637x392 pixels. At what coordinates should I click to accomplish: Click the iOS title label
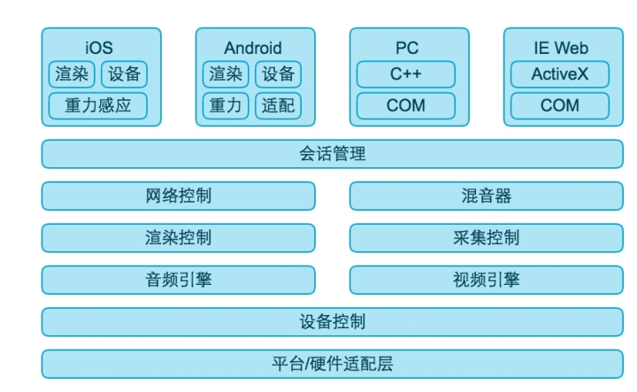(98, 49)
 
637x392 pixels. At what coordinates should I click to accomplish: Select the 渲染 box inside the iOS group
(72, 74)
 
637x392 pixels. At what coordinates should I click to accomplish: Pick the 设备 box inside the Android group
(278, 74)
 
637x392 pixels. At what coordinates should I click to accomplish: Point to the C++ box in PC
(406, 74)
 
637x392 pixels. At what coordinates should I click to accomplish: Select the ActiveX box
(560, 74)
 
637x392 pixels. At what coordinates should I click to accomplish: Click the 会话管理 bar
(332, 154)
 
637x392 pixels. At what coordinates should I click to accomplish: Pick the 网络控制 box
(178, 196)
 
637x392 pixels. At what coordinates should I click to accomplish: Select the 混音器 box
(486, 196)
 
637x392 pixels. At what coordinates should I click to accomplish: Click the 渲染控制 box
(178, 238)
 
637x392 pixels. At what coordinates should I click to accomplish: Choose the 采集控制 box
(486, 238)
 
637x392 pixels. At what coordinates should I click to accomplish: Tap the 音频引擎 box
(178, 280)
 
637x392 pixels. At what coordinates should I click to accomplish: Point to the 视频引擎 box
(486, 280)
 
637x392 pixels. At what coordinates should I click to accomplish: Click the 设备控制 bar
(332, 321)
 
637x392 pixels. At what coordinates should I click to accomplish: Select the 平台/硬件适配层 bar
(332, 364)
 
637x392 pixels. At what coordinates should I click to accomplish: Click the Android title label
(253, 49)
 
